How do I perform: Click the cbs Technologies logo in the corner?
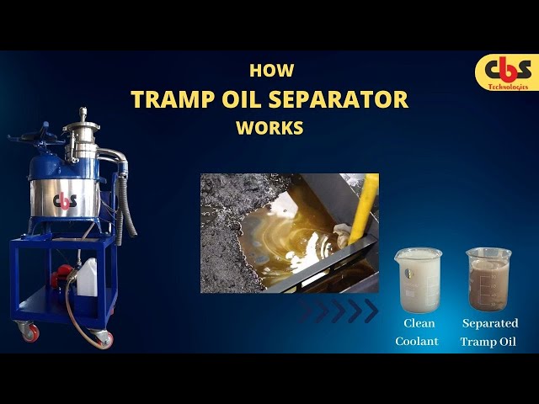click(505, 72)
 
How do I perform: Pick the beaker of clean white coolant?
click(418, 279)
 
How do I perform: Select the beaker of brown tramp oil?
click(489, 279)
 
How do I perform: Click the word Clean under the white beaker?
click(418, 323)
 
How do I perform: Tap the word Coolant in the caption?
click(418, 341)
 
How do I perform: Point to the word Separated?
click(490, 323)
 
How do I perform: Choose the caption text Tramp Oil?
click(489, 341)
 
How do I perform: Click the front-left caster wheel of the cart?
click(30, 332)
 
